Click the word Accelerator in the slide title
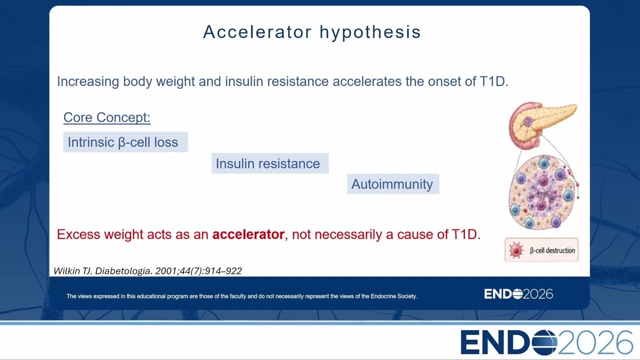[257, 31]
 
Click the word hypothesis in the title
[370, 32]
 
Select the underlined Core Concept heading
[107, 117]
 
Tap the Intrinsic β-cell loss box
[125, 142]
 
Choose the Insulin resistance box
[270, 163]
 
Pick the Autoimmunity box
[393, 184]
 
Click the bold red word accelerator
[248, 234]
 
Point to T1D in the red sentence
[465, 234]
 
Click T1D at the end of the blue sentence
[493, 81]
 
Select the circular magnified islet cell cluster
[541, 192]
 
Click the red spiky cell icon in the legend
[515, 250]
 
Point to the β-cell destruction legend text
[552, 250]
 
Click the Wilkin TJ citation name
[73, 271]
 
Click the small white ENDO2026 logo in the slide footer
[518, 294]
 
